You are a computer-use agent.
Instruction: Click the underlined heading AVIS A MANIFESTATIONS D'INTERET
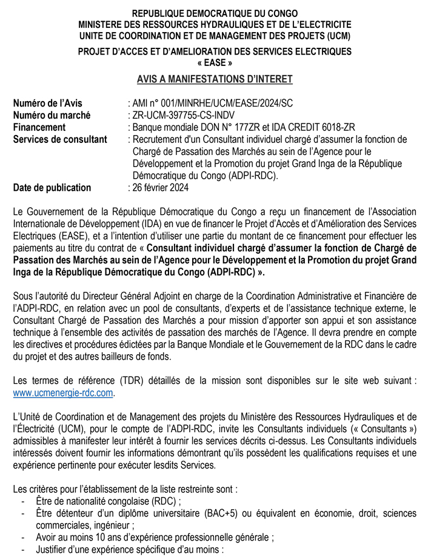coord(215,79)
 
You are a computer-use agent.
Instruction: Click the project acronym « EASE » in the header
coord(215,62)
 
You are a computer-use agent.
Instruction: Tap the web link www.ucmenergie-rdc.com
coord(63,392)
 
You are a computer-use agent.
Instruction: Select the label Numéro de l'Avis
coord(48,103)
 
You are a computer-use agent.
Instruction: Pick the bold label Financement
coord(39,127)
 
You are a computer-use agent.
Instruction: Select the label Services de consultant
coord(60,139)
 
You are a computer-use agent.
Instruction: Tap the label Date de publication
coord(52,188)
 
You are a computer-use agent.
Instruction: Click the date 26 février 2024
coord(161,188)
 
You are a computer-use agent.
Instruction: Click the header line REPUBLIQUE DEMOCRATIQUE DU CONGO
coord(215,13)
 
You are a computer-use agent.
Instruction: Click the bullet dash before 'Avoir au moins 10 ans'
coord(22,537)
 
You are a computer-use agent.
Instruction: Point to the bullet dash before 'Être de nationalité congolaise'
coord(22,501)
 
